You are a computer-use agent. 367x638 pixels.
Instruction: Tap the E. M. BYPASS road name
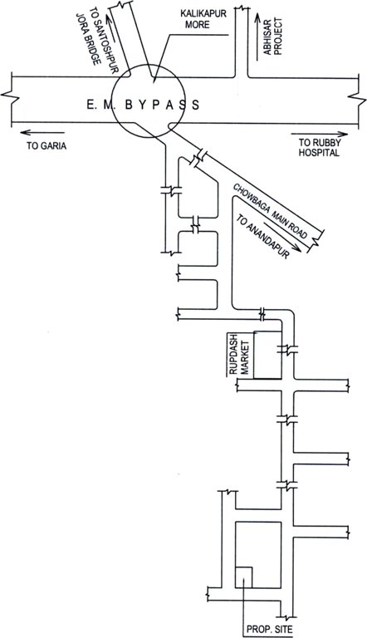143,106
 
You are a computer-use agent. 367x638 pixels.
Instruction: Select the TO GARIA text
46,144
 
